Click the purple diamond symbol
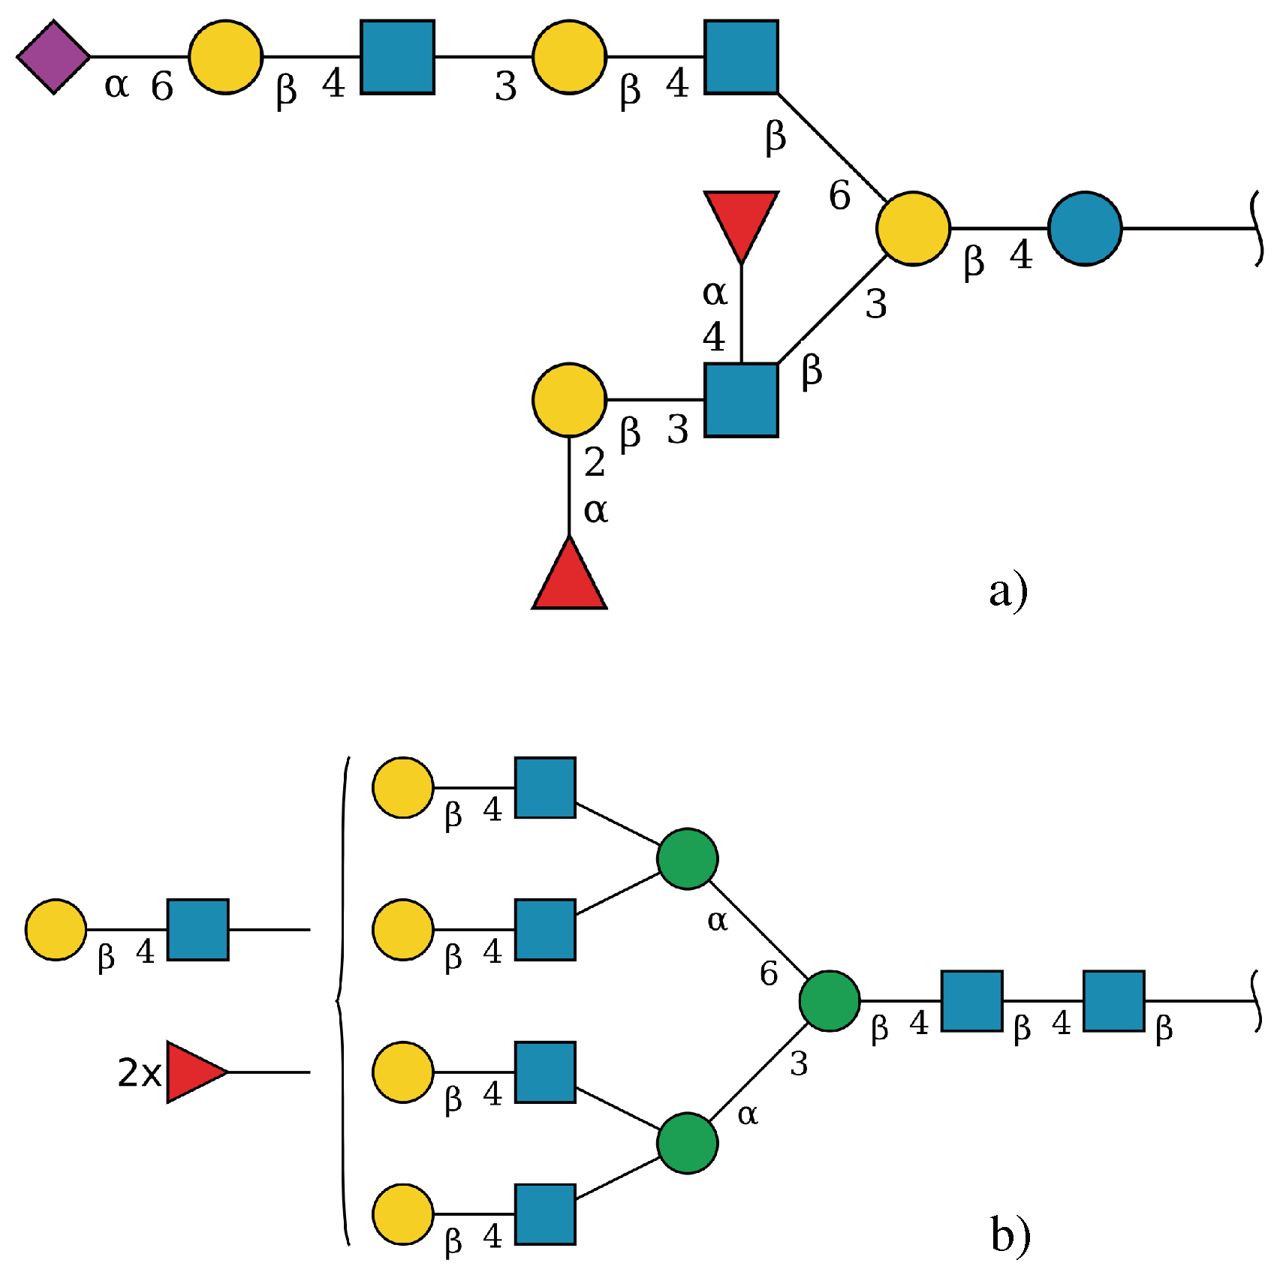tap(54, 57)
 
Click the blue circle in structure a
tap(1084, 228)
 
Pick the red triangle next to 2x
tap(192, 1072)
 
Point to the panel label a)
tap(1007, 591)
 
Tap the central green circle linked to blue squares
tap(829, 1000)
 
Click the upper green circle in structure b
tap(687, 859)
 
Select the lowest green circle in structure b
tap(687, 1143)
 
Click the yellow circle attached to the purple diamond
tap(225, 57)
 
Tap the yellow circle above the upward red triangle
tap(569, 400)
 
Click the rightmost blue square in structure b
tap(1113, 1000)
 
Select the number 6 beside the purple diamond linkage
tap(162, 87)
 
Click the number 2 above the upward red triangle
tap(594, 462)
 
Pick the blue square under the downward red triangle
tap(741, 400)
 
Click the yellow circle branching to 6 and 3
tap(913, 228)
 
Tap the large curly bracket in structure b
tap(342, 1000)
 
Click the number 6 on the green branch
tap(768, 974)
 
